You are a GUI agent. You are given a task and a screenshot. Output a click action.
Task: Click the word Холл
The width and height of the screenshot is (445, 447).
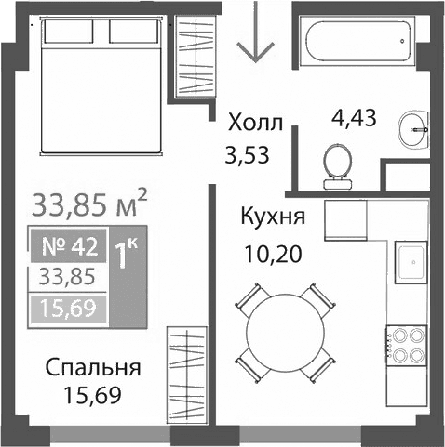(255, 121)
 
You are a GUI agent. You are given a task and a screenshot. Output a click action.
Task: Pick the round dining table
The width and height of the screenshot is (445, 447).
(287, 328)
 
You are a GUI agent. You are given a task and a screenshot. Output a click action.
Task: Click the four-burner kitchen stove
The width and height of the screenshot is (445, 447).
(408, 343)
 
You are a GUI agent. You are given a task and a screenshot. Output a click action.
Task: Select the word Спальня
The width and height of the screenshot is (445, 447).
(93, 367)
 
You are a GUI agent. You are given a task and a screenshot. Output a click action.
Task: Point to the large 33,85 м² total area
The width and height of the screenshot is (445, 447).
(90, 202)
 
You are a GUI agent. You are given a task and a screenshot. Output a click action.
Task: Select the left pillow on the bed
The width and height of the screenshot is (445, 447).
(72, 33)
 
